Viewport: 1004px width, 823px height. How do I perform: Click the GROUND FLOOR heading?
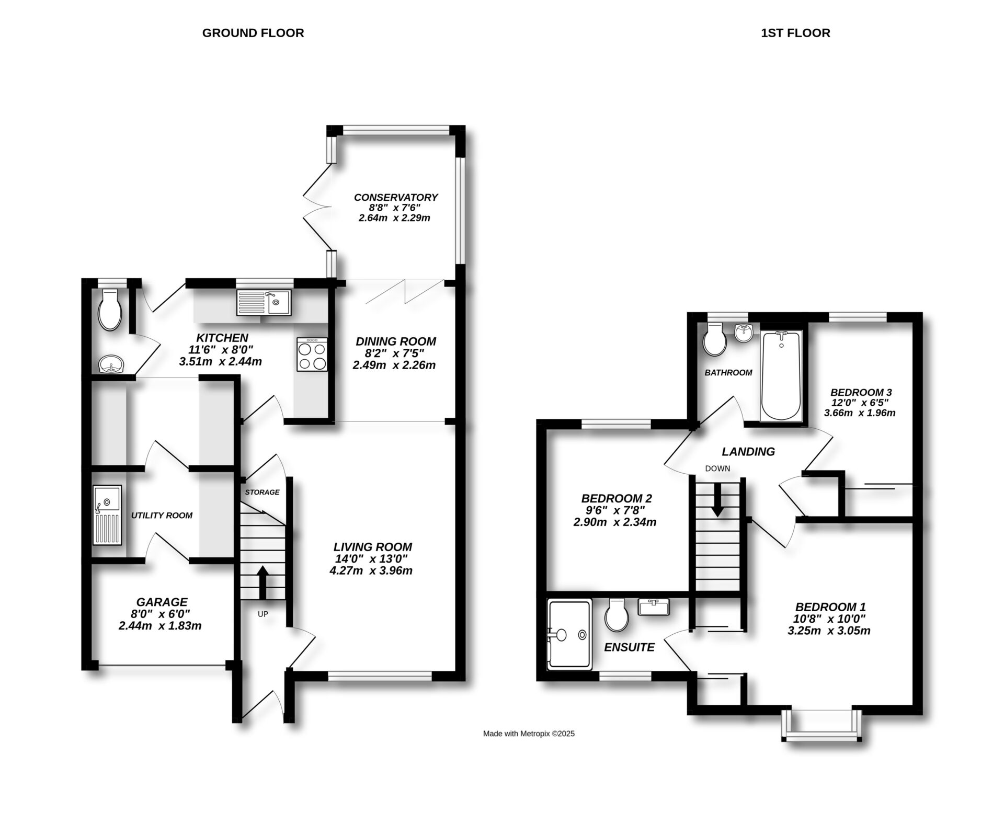tap(253, 33)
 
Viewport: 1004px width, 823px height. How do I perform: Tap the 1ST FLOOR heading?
tap(795, 33)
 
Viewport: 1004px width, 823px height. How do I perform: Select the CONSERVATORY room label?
tap(396, 197)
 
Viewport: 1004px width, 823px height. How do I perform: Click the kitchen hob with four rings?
tap(312, 355)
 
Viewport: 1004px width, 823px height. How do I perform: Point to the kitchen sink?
tap(264, 302)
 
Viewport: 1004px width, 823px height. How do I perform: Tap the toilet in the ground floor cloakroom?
tap(110, 310)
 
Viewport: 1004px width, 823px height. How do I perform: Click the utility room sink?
tap(107, 516)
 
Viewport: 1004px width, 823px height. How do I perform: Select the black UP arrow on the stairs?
tap(263, 583)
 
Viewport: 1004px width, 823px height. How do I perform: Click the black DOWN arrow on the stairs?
tap(718, 499)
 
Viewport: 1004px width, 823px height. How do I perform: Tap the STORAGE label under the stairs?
tap(263, 492)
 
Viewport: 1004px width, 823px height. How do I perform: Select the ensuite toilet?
tap(617, 615)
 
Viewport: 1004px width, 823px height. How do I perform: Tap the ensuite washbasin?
tap(654, 607)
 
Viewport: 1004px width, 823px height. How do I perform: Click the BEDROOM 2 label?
tap(617, 498)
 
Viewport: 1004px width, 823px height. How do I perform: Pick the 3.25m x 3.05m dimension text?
tap(829, 631)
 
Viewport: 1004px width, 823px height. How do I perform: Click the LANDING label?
tap(748, 452)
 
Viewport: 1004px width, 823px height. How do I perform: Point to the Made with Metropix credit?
tap(529, 734)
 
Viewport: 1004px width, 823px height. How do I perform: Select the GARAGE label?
tap(162, 602)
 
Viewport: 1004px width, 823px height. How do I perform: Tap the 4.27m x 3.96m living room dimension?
tap(371, 570)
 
